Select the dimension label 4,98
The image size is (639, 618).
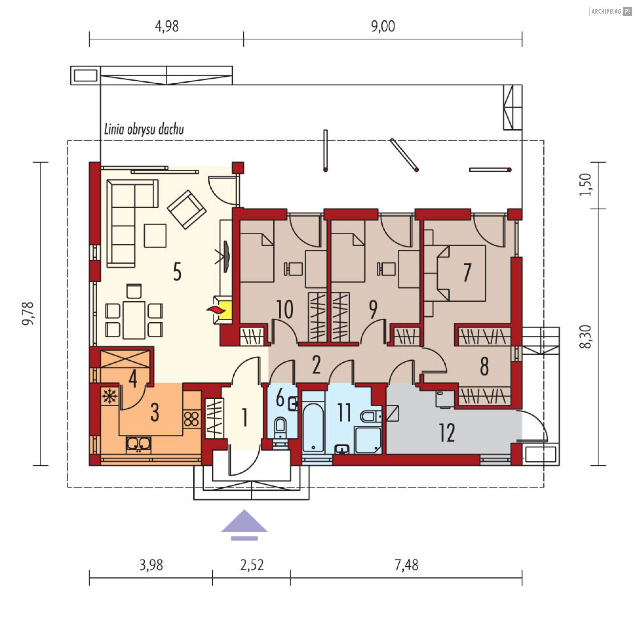167,26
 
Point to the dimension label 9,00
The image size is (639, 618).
383,26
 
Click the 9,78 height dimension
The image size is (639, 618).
28,313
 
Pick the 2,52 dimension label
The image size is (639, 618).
252,565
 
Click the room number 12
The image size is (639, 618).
447,433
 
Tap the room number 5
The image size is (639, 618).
177,272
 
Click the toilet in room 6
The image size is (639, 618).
280,427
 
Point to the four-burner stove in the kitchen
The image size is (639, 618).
191,419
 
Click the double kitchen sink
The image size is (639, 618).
138,445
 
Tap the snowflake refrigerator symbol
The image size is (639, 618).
109,396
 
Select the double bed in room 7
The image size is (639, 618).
461,273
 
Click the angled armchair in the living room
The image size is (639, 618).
186,209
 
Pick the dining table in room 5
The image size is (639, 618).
134,320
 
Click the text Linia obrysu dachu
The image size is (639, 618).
144,129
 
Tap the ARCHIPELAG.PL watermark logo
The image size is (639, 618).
611,11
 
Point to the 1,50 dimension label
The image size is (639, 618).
585,185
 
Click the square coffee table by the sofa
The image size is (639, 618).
155,236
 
